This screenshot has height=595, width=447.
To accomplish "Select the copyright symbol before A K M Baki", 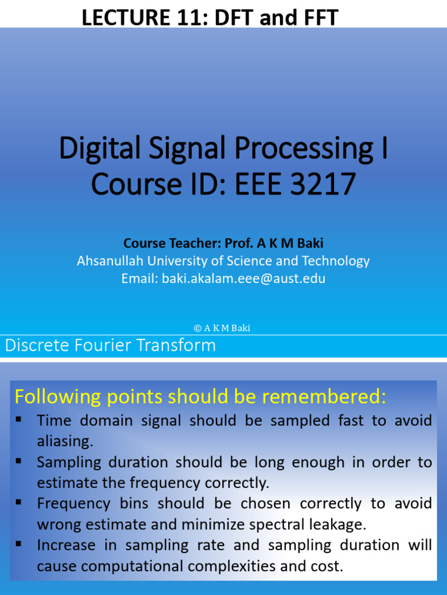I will click(x=197, y=328).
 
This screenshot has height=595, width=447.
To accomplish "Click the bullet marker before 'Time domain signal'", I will click(x=19, y=418).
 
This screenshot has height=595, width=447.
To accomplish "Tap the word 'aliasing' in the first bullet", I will click(x=64, y=442).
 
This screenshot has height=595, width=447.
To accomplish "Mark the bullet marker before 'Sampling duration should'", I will click(x=19, y=460).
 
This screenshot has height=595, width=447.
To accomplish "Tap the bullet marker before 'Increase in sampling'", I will click(x=19, y=543).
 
